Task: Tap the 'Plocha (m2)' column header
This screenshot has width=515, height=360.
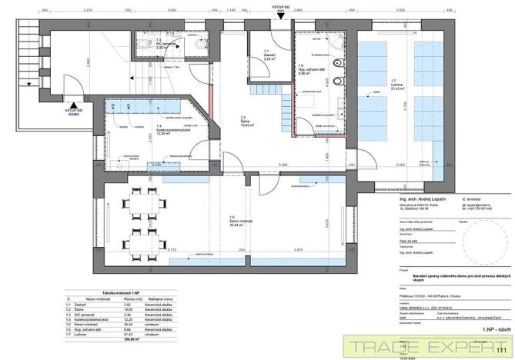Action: click(x=151, y=299)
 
